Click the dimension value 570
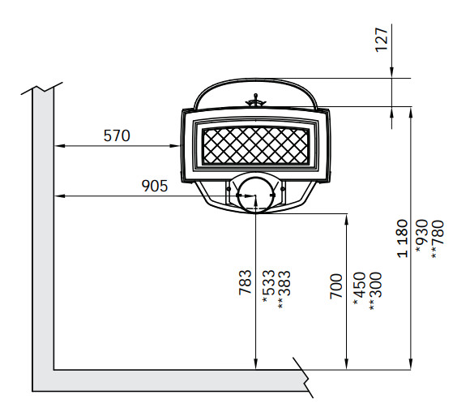[117, 135]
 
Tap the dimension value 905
[154, 186]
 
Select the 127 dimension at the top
[382, 40]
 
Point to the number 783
[246, 282]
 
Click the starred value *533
[268, 286]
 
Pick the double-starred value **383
[284, 290]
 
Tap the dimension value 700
[336, 286]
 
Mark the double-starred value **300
[375, 291]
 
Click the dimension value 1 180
[402, 238]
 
